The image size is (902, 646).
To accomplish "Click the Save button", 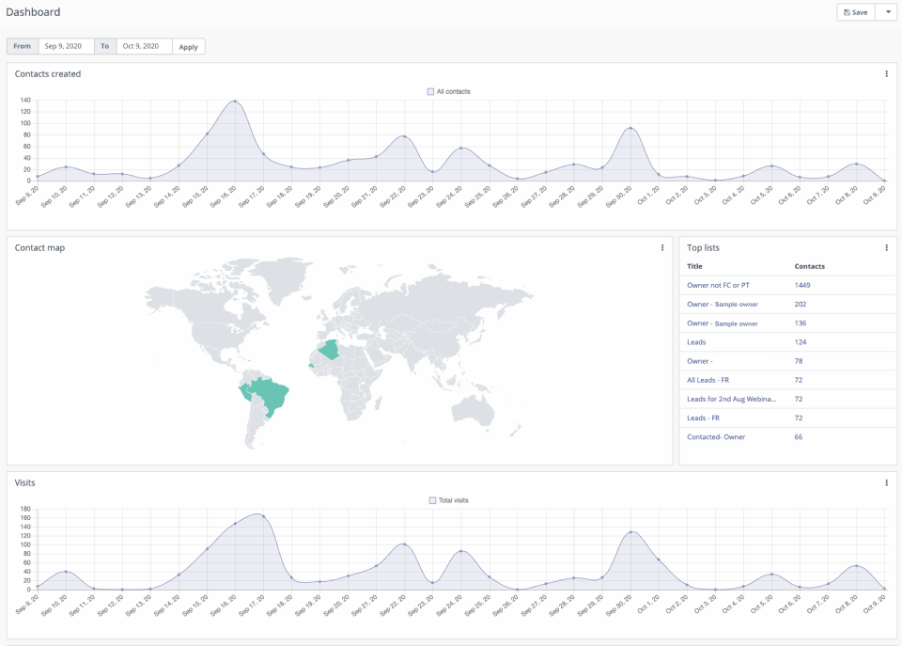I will [855, 12].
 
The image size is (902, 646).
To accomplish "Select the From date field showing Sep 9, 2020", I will [66, 46].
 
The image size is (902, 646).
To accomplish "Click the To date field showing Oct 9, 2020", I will [144, 46].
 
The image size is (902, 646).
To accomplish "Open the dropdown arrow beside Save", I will [887, 12].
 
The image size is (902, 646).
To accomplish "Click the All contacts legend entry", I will [448, 91].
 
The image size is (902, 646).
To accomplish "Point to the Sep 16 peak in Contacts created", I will [235, 102].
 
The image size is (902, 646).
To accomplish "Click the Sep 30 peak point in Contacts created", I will [630, 128].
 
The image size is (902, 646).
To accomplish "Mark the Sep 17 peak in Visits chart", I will [262, 515].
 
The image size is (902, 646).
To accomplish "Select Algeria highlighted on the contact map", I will [332, 351].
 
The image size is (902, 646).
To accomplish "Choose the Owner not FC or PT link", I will [718, 285].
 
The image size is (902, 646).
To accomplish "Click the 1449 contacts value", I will [802, 285].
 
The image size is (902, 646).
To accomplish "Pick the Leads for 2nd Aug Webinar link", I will [732, 399].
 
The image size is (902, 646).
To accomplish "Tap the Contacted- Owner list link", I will [717, 436].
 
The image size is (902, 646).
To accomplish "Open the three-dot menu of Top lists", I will [886, 248].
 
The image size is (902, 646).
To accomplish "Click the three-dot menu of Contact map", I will [662, 248].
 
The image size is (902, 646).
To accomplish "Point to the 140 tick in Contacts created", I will [25, 101].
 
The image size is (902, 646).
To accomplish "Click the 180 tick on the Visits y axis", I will [25, 510].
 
